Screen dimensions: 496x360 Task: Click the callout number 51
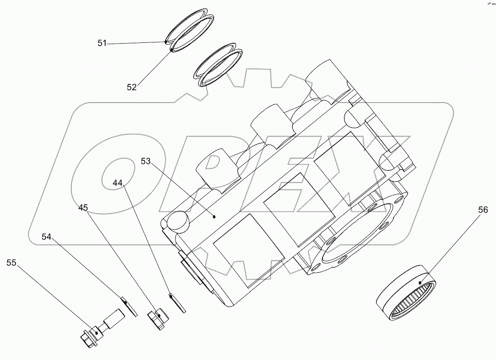(102, 43)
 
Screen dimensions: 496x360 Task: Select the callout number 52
(131, 87)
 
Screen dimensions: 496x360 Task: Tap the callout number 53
(146, 161)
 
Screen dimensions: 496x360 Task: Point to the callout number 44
(118, 183)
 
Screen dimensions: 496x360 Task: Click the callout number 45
(83, 208)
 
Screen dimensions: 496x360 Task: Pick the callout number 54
(47, 237)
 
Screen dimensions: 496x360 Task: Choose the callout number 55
(11, 263)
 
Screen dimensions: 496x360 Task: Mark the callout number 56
(483, 210)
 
